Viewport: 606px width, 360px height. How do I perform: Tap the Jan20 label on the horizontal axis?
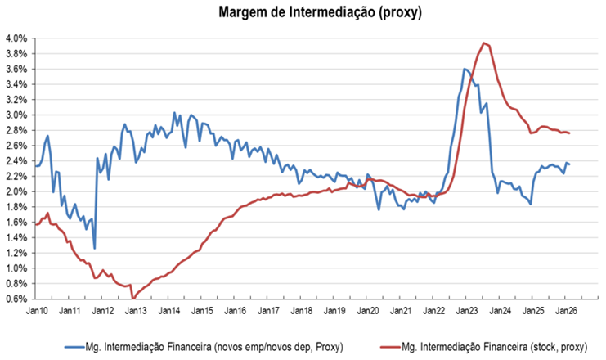(367, 312)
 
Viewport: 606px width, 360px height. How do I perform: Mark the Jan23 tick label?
(467, 312)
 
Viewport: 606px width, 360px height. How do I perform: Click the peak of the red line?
(484, 43)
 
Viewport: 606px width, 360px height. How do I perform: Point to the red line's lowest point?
(132, 298)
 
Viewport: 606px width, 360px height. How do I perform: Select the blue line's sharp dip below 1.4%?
(95, 248)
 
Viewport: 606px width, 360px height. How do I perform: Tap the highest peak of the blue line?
(465, 69)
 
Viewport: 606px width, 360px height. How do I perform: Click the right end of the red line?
(570, 133)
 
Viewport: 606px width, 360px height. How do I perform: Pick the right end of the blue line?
(570, 164)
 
